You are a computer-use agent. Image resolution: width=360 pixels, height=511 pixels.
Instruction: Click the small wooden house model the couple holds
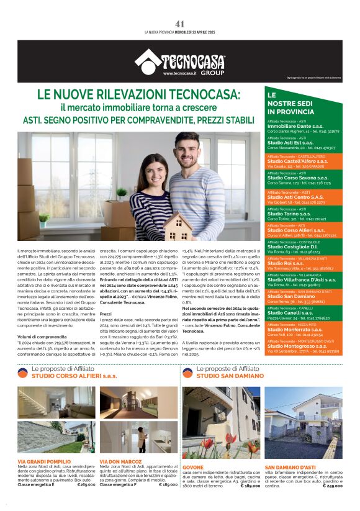point(178,227)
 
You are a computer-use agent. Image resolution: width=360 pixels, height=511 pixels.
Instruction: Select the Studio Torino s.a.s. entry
point(289,214)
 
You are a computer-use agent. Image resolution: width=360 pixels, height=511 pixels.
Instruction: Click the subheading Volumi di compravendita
point(42,319)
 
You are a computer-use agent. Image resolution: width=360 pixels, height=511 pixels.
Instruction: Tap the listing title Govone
point(193,467)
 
